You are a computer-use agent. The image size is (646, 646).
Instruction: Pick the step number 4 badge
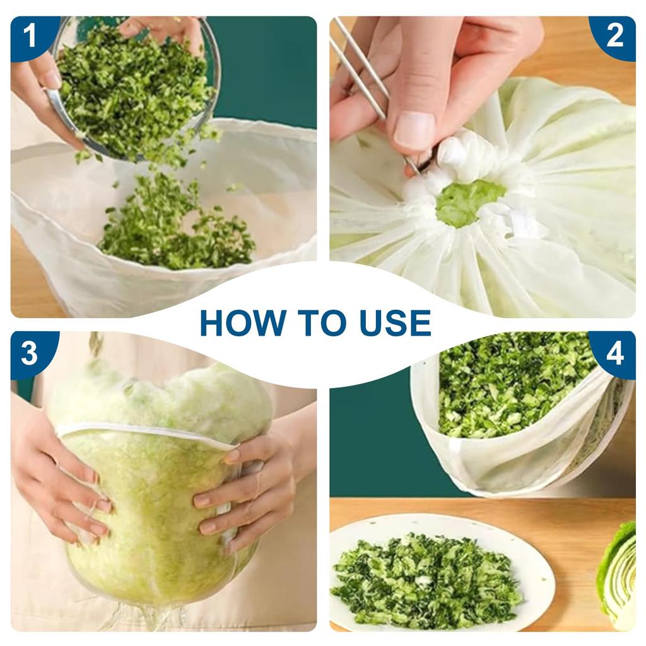(x=614, y=353)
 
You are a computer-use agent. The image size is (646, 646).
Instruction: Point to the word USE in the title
(x=396, y=323)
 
